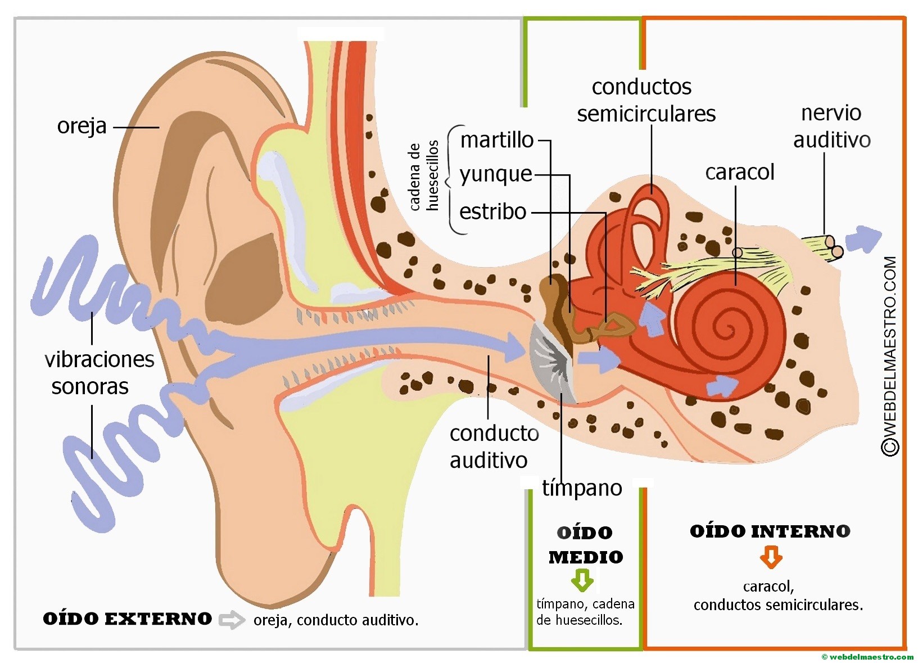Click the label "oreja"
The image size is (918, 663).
pos(82,126)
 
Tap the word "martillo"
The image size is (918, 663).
pos(496,139)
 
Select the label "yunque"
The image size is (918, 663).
pos(495,174)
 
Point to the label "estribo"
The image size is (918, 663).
pos(492,211)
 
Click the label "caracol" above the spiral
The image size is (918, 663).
pos(739,172)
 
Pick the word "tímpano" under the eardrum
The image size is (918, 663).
pos(582,488)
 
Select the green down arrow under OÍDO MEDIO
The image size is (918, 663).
pos(582,580)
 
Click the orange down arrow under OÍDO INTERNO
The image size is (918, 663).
pos(771,558)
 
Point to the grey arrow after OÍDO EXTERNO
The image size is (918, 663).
pos(231,620)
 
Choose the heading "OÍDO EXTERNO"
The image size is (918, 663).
pos(128,619)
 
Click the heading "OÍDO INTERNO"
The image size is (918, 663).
pos(770,531)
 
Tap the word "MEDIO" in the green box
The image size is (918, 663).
pos(586,557)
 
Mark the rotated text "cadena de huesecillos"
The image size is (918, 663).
pos(424,176)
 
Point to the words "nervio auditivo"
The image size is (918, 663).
pos(831,127)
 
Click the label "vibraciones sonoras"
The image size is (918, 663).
pos(98,373)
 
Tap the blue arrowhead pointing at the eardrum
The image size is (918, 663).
pos(515,346)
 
